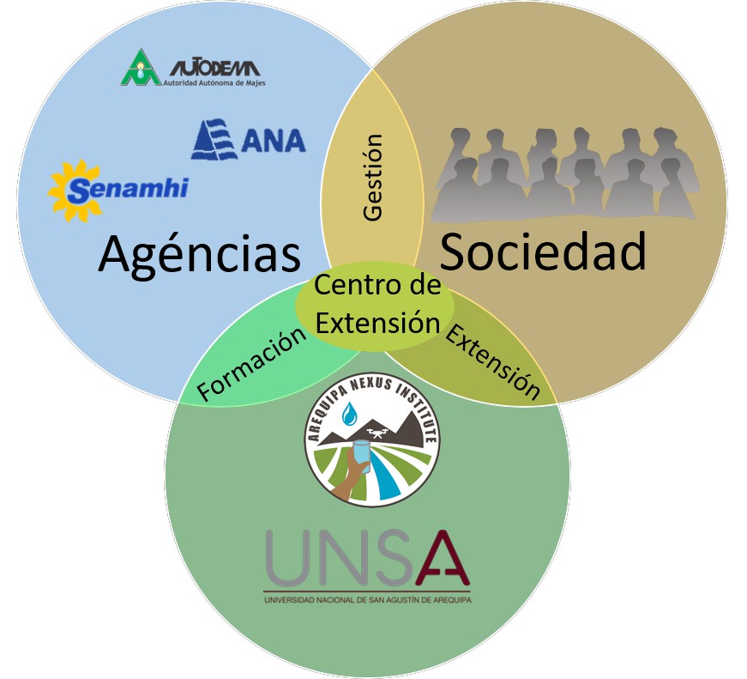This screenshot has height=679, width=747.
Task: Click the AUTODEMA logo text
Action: coord(214,68)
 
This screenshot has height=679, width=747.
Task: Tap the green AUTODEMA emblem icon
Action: coord(140,68)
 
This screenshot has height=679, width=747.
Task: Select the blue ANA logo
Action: coord(248,139)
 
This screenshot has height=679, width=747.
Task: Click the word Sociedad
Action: coord(542,252)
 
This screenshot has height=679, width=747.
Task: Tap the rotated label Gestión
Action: coord(372,178)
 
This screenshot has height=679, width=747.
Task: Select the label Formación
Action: coord(251,365)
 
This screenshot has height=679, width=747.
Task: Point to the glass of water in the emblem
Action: coord(361,456)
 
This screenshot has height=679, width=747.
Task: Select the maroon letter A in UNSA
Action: coord(437,558)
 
